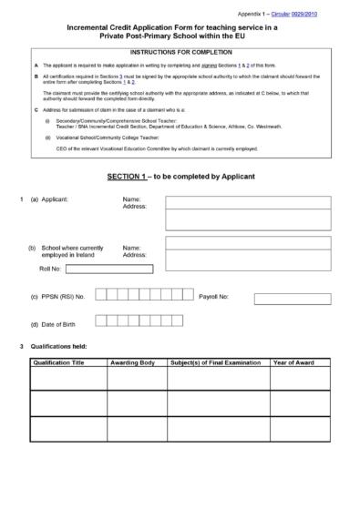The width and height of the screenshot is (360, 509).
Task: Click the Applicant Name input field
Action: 247,201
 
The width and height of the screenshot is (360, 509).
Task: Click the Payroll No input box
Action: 292,297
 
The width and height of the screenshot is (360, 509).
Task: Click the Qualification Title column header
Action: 66,362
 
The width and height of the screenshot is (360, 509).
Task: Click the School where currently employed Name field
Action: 247,243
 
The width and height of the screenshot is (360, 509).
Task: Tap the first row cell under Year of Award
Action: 301,378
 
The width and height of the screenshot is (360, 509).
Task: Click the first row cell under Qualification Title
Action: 66,378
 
